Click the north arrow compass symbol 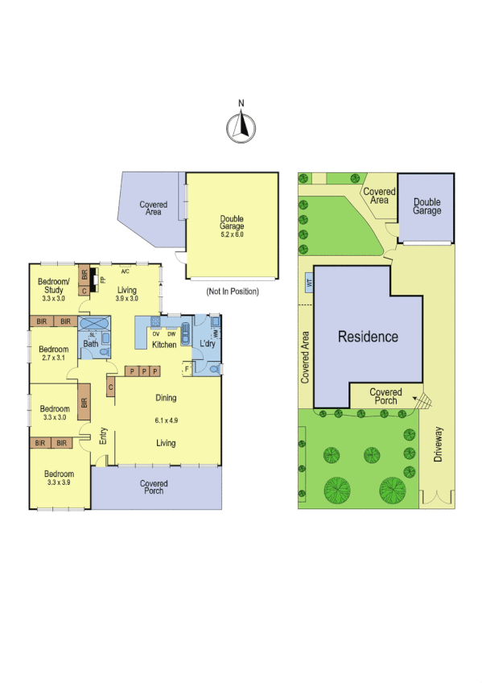coord(241,126)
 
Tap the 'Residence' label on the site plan coord(368,337)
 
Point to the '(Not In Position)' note coord(233,291)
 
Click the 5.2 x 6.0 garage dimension coord(232,234)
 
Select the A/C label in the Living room coord(126,271)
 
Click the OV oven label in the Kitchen coord(155,333)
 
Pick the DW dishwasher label coord(171,333)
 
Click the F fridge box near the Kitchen coord(187,370)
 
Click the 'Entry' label coord(103,436)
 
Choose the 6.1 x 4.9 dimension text coord(165,420)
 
